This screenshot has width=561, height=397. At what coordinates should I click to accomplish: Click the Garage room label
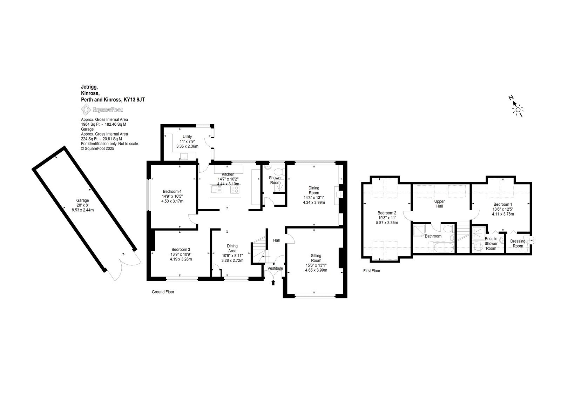click(x=83, y=200)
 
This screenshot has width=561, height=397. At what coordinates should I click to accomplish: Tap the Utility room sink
click(x=184, y=157)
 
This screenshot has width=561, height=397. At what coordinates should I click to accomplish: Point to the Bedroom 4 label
click(x=172, y=192)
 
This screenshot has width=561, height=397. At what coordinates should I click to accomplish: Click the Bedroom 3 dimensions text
click(x=181, y=257)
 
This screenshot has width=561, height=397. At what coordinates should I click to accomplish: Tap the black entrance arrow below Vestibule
click(x=273, y=283)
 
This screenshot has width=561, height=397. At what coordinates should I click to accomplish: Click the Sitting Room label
click(x=316, y=258)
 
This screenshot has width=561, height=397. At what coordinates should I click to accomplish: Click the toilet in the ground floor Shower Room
click(x=278, y=172)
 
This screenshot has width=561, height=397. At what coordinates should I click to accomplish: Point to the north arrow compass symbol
click(x=516, y=107)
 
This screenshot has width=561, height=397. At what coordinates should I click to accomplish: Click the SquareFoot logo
click(x=102, y=110)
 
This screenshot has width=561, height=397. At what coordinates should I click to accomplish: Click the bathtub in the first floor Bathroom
click(x=443, y=247)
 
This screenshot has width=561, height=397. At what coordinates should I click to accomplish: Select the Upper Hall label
click(x=440, y=204)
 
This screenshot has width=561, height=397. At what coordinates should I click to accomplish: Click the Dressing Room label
click(x=518, y=244)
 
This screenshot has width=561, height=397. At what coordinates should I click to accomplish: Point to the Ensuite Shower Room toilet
click(x=478, y=247)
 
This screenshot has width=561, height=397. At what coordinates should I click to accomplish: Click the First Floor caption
click(x=372, y=271)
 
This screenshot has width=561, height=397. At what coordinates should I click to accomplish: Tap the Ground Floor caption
click(x=163, y=292)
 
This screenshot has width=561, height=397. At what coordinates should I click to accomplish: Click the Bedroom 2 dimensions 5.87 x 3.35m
click(x=387, y=223)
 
